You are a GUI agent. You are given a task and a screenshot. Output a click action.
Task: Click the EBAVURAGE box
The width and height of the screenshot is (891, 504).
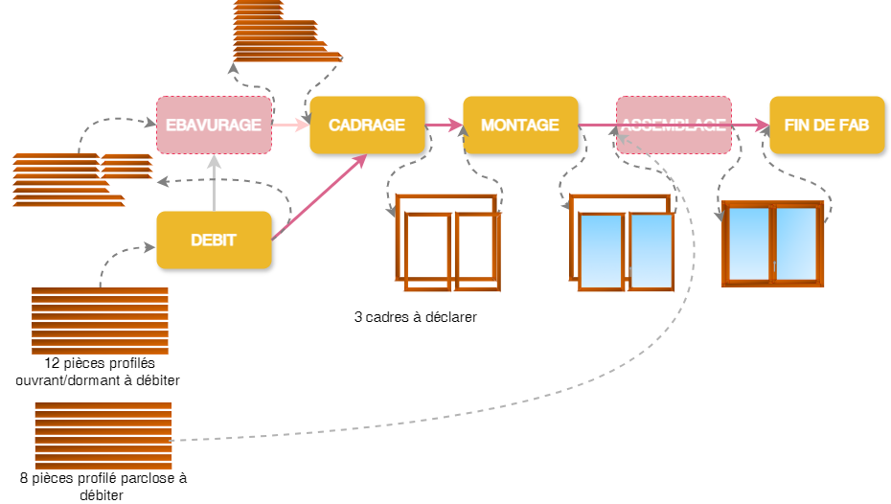[214, 126]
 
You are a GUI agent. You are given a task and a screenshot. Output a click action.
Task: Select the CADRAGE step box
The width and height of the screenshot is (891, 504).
[367, 126]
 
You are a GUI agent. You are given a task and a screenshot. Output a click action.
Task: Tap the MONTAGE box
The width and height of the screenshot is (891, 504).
[520, 126]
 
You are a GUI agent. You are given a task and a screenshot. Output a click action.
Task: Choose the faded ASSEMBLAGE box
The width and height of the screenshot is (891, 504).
[674, 126]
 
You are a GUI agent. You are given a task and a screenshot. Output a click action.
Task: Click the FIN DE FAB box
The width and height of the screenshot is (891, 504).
[827, 126]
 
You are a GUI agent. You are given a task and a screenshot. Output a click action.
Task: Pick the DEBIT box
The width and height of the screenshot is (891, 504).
[214, 241]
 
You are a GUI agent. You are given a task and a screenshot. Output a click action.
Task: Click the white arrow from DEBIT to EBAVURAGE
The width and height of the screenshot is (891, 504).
[214, 182]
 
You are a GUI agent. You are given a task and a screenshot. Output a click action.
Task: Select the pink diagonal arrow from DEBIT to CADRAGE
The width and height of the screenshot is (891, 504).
[320, 196]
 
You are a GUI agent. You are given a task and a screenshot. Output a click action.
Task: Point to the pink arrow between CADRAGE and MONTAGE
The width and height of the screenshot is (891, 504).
[444, 125]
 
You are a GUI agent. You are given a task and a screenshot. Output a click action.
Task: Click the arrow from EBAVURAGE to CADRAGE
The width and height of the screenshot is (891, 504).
[290, 125]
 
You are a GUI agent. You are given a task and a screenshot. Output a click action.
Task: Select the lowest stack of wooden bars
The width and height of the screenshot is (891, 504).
[103, 436]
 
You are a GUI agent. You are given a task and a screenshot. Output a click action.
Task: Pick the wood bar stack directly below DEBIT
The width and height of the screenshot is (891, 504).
[100, 321]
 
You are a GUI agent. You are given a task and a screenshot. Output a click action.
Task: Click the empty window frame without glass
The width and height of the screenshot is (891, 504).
[447, 244]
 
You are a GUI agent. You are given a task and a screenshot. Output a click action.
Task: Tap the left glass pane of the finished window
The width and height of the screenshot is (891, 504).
[748, 244]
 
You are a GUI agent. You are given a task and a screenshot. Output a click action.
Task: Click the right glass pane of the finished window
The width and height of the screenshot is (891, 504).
[796, 244]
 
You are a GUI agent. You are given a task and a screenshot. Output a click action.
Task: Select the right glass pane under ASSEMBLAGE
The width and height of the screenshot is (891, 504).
[651, 251]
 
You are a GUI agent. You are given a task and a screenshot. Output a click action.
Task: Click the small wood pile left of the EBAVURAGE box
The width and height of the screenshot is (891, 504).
[127, 167]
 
